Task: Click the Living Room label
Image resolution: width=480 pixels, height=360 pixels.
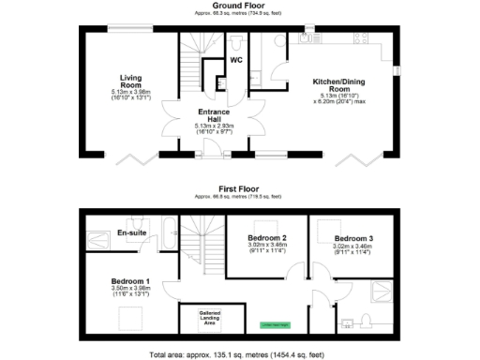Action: [129, 81]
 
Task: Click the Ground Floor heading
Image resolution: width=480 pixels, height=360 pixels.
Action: [240, 5]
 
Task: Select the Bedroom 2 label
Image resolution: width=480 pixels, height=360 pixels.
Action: [265, 237]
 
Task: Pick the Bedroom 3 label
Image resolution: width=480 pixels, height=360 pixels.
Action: [352, 237]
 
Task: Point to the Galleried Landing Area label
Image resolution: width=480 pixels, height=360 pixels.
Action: [208, 317]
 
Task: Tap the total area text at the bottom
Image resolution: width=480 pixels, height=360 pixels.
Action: [240, 355]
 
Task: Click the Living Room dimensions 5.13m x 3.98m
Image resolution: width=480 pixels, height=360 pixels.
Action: [129, 92]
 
